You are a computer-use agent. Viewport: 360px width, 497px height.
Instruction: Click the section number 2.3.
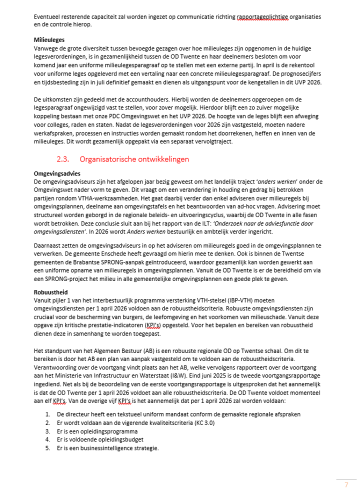click(63, 159)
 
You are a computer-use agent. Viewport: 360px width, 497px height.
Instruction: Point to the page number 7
click(346, 484)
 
